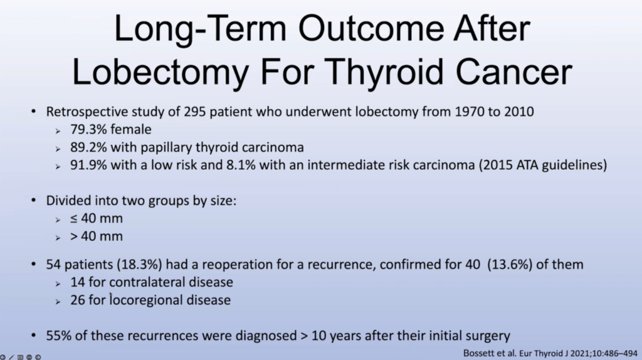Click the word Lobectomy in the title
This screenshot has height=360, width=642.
160,73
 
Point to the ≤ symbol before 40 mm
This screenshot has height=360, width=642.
74,219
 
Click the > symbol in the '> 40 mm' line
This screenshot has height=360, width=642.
74,236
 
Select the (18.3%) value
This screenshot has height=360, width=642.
139,265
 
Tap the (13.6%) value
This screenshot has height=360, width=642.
510,265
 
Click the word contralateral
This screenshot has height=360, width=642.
151,282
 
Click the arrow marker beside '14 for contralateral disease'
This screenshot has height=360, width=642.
58,283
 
